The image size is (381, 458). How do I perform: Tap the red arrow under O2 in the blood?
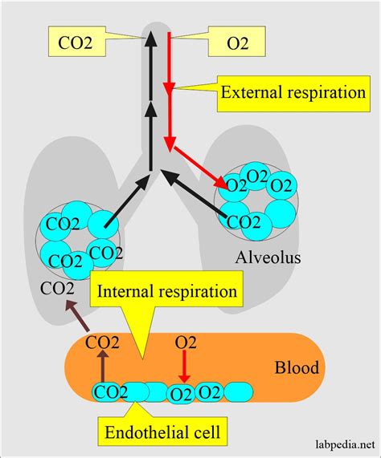(x=184, y=370)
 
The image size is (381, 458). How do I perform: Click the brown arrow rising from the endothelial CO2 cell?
(x=103, y=368)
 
